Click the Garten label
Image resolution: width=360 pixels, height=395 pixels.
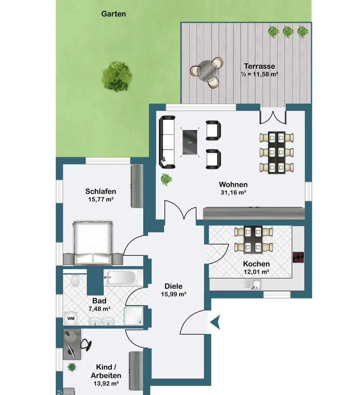(x=114, y=14)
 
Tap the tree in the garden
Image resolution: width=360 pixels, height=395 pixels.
(x=117, y=76)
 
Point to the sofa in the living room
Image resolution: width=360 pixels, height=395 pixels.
(x=167, y=142)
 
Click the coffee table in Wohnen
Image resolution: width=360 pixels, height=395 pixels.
(x=190, y=142)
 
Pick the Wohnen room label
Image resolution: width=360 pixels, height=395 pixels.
(x=233, y=185)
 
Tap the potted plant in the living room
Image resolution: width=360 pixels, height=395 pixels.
(x=166, y=179)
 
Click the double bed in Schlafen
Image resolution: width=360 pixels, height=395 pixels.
(x=93, y=243)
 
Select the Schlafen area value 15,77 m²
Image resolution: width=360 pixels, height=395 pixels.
(x=101, y=199)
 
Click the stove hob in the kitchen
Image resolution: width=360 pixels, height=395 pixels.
(x=298, y=257)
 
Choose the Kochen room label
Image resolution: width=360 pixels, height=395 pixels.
(x=257, y=264)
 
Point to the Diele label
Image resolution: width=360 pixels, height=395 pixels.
(x=174, y=286)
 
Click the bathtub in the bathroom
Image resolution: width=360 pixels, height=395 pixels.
(x=121, y=278)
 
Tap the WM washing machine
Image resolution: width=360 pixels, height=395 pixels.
(x=71, y=319)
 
